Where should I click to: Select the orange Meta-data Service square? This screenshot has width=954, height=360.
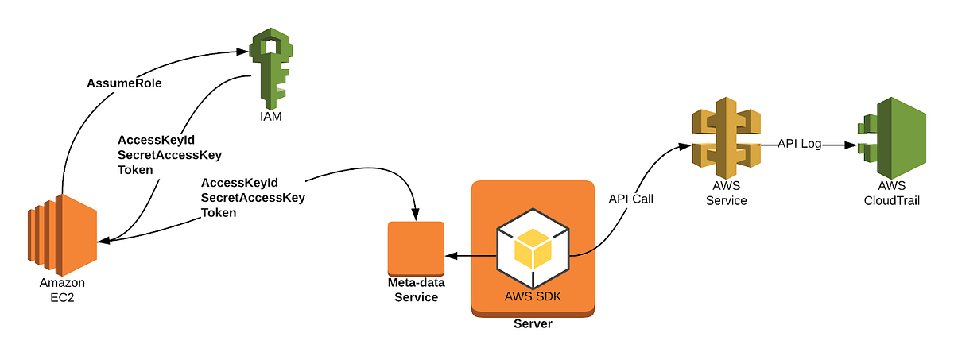point(415,249)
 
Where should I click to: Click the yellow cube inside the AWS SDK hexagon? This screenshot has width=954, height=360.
point(533,248)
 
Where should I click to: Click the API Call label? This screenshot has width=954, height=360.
point(630,199)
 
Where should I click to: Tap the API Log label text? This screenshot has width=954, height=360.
point(798,145)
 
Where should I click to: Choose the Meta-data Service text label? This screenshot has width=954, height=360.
point(416,290)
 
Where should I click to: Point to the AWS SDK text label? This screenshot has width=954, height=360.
point(533,297)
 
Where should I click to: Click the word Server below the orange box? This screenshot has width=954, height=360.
point(533,324)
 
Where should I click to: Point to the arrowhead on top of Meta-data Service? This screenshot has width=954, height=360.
point(414,215)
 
